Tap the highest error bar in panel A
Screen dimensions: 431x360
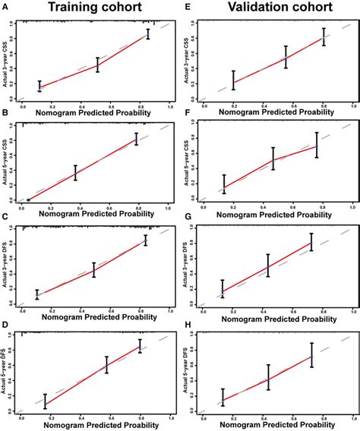pyautogui.click(x=148, y=34)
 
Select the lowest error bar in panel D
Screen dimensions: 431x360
pyautogui.click(x=45, y=401)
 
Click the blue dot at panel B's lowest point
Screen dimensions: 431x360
pyautogui.click(x=29, y=200)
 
